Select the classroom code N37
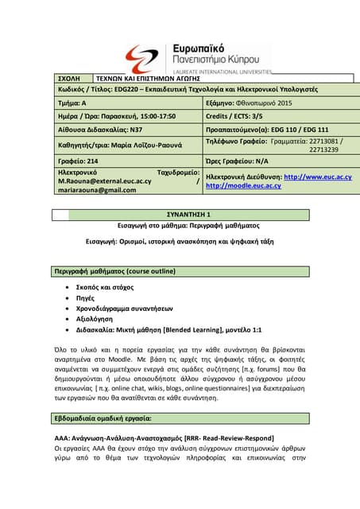tap(138, 128)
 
